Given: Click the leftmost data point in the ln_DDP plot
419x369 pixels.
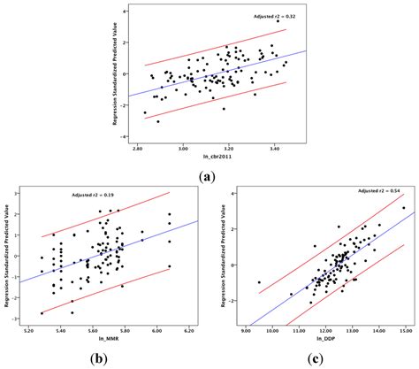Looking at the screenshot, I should pyautogui.click(x=259, y=282).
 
